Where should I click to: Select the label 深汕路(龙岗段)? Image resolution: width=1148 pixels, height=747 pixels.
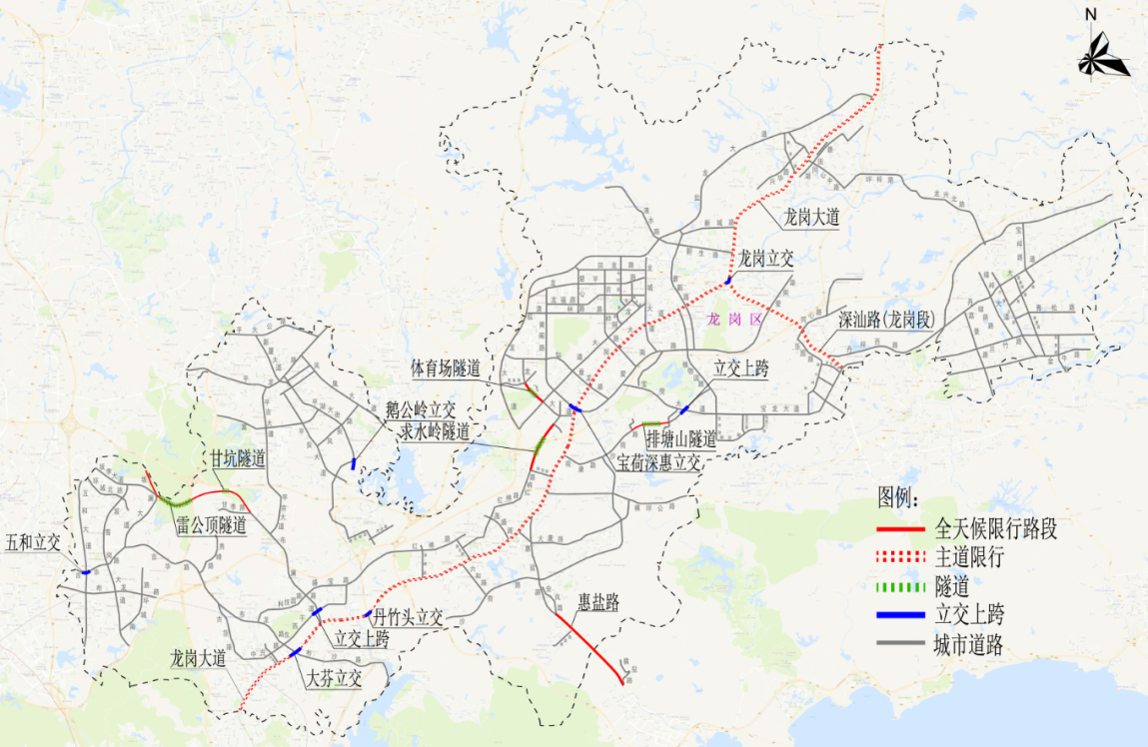(x=886, y=321)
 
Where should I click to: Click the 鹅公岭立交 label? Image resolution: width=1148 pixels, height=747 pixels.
(x=421, y=409)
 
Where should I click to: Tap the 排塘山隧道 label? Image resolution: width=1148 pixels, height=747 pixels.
(x=680, y=439)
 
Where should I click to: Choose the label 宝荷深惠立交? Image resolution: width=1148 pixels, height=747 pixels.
(x=658, y=462)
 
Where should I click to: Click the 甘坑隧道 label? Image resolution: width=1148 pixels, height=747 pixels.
(x=237, y=459)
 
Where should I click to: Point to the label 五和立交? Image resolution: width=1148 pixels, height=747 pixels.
(x=33, y=542)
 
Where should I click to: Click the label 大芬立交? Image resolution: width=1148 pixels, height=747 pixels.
(x=334, y=679)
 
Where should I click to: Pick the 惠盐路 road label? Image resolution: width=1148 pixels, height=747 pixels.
(x=598, y=603)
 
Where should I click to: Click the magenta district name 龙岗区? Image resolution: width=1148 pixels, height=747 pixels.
(x=734, y=320)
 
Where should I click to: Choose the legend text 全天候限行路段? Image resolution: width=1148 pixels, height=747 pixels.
(x=996, y=529)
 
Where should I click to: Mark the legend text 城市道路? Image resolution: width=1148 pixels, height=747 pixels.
(x=969, y=645)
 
